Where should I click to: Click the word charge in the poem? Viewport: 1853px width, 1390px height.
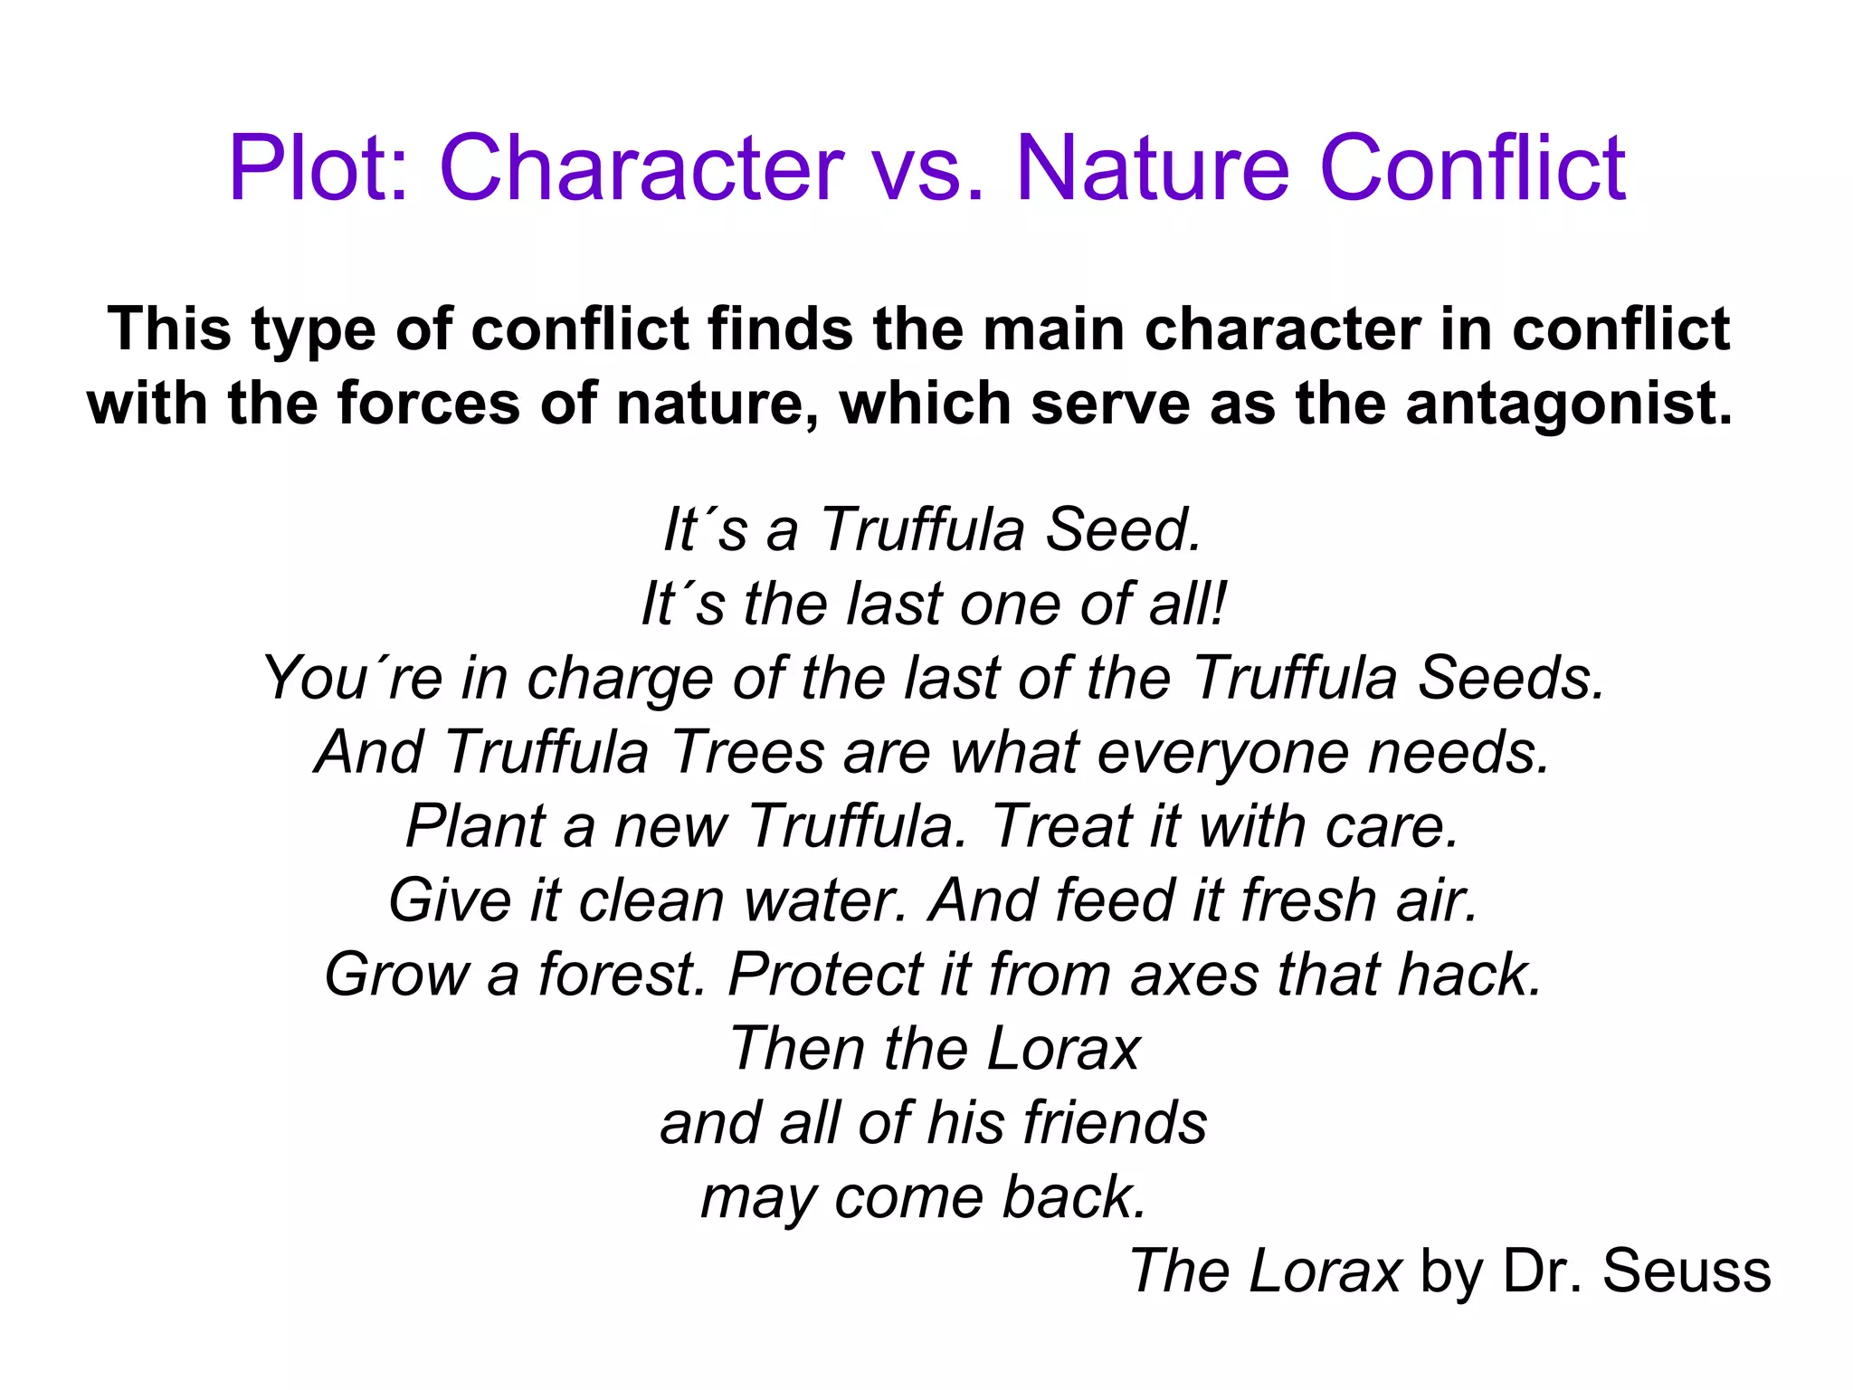point(621,679)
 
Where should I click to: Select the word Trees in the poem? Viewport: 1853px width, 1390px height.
point(747,753)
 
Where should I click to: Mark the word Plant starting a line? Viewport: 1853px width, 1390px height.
point(476,826)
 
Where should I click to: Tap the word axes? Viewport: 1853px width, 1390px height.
point(1194,976)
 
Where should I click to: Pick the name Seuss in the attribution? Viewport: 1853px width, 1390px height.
point(1687,1271)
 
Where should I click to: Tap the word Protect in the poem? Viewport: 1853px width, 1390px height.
point(825,976)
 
